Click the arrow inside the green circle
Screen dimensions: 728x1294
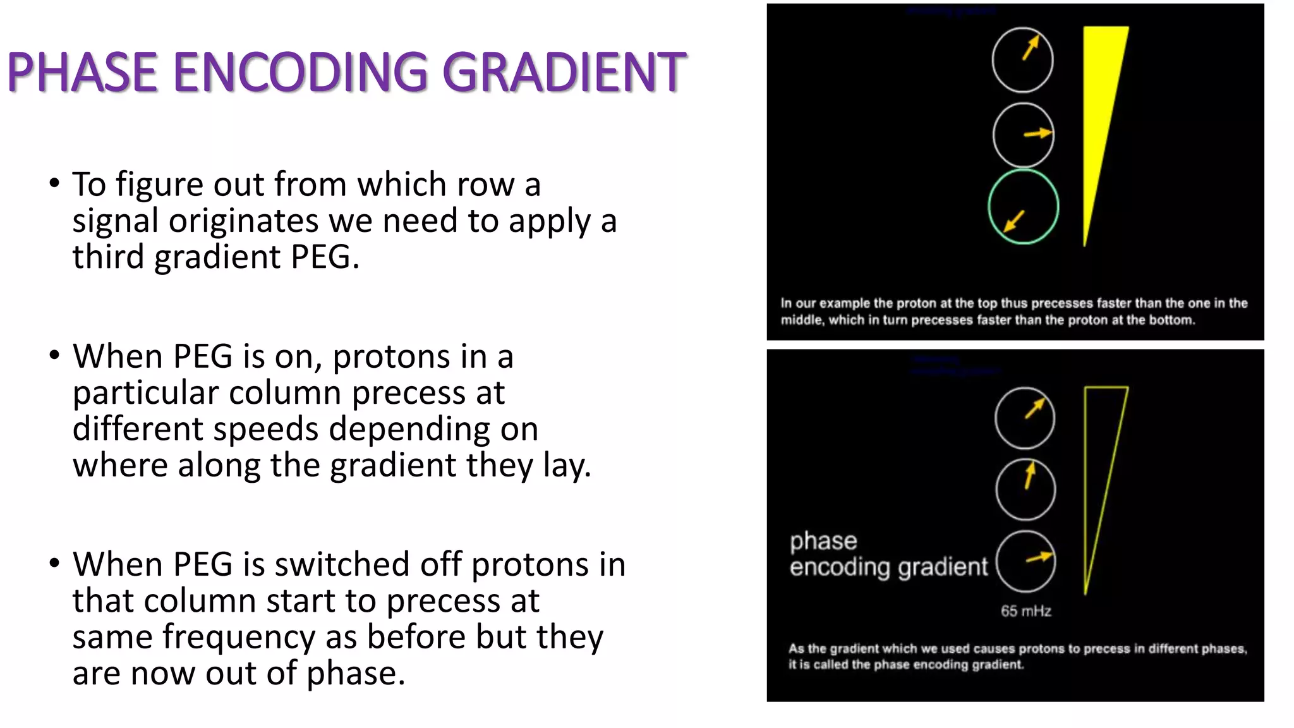[x=1014, y=221]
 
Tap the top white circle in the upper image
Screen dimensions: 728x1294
[x=1022, y=61]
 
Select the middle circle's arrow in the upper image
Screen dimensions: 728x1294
[x=1037, y=133]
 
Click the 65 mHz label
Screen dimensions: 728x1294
[x=1025, y=611]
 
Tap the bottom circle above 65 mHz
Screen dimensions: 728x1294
[x=1025, y=561]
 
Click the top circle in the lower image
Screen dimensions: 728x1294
[x=1025, y=418]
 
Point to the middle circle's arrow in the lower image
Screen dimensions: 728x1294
[x=1029, y=476]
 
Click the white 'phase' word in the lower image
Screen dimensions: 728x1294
[x=823, y=542]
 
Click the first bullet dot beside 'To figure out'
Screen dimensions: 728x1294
[x=54, y=184]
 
